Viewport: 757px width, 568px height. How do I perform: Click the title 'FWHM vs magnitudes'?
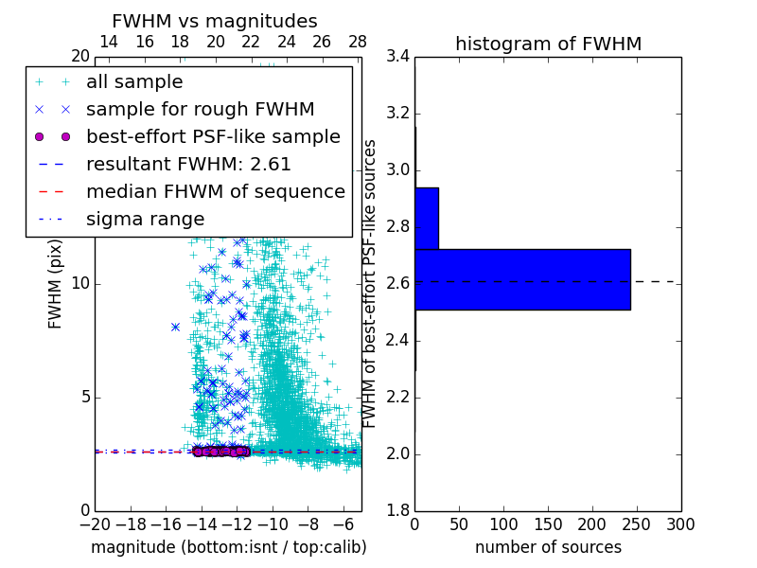(x=215, y=21)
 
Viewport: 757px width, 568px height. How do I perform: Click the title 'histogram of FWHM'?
(x=548, y=44)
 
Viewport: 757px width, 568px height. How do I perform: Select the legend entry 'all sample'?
(x=134, y=82)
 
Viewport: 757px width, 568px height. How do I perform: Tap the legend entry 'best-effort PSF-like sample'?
(x=213, y=136)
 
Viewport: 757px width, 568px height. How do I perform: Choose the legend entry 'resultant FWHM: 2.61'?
(x=188, y=164)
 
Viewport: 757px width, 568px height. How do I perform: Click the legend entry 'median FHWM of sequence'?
(x=215, y=191)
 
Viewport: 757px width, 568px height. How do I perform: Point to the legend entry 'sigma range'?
(x=145, y=219)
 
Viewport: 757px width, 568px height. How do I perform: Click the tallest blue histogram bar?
(x=522, y=279)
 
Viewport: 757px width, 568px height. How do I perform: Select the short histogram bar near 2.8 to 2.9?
(x=426, y=219)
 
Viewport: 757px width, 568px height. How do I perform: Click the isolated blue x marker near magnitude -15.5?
(x=176, y=327)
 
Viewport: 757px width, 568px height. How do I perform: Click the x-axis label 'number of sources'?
(x=548, y=547)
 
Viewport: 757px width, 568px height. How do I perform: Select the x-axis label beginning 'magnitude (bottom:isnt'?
(x=228, y=547)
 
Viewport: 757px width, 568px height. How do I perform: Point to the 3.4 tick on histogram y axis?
(x=397, y=57)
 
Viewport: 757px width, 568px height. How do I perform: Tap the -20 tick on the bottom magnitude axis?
(x=95, y=524)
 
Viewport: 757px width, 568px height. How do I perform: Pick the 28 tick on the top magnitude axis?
(x=358, y=42)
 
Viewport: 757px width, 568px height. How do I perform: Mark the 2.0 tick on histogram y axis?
(x=397, y=454)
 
